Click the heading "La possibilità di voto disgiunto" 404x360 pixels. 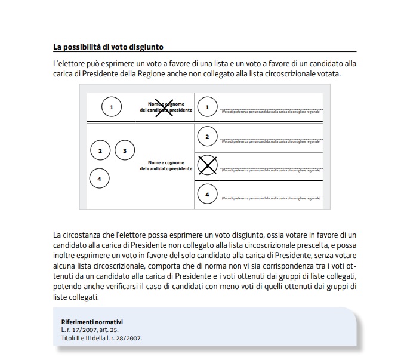108,47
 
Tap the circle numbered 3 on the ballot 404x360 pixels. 125,150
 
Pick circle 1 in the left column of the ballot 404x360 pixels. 111,107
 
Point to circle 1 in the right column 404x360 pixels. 207,107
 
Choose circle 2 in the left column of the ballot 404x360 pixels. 100,150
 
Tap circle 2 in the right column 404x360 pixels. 207,137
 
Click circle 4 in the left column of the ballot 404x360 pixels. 99,178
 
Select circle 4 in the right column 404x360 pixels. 207,194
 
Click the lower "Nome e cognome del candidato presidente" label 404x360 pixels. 166,165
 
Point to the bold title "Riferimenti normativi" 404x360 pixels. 88,322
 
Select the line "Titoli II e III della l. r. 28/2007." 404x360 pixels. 98,338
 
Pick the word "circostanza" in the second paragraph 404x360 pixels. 91,234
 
